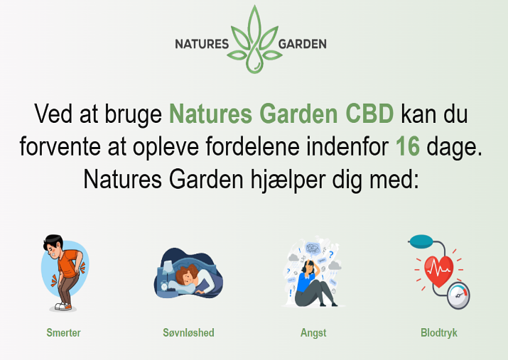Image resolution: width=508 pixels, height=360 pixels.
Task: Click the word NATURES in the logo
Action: click(202, 44)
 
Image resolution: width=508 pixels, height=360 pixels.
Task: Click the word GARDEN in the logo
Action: click(302, 44)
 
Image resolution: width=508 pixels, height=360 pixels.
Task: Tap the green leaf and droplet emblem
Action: click(254, 39)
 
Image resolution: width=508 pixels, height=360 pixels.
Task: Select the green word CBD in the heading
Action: click(369, 114)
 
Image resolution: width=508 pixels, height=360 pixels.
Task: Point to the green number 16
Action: click(408, 146)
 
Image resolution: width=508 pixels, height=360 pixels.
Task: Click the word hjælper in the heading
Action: click(288, 180)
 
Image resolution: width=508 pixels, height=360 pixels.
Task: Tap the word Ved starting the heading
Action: click(53, 114)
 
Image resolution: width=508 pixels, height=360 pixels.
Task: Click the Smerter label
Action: click(63, 332)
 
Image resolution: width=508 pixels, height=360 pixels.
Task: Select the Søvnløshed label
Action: click(188, 332)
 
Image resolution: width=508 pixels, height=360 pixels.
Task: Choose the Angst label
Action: click(313, 333)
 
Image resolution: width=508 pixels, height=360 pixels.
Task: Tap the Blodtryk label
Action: click(438, 333)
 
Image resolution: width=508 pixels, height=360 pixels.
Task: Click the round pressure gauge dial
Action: click(458, 295)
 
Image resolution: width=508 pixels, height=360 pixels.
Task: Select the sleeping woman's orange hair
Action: click(187, 274)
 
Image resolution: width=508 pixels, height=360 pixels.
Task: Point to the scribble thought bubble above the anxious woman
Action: click(313, 249)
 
